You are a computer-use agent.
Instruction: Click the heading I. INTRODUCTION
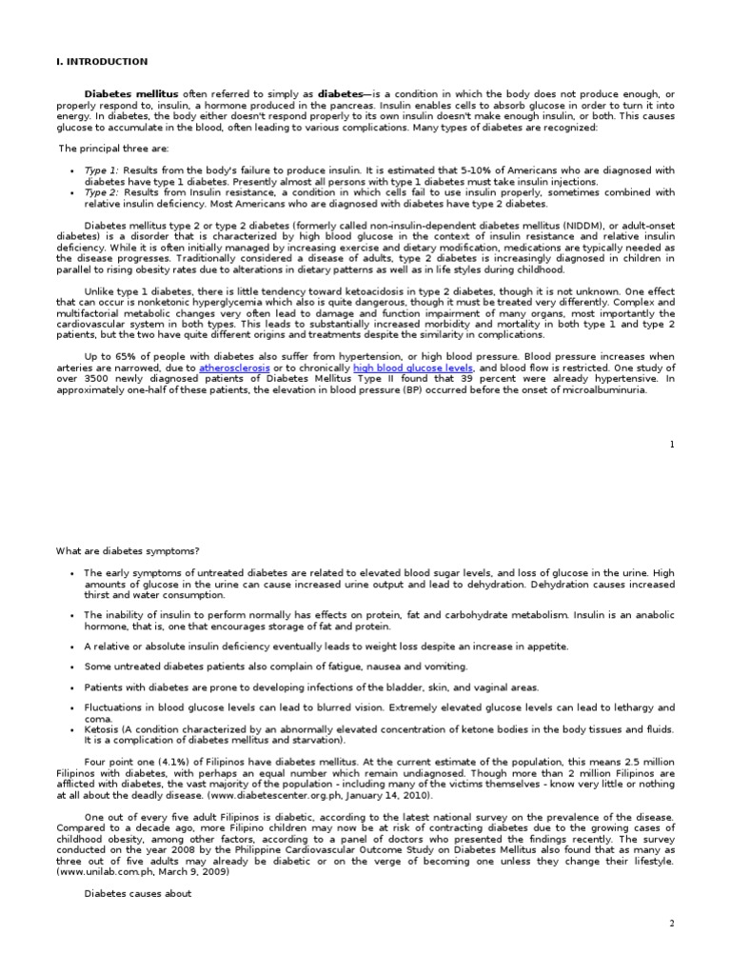pyautogui.click(x=103, y=62)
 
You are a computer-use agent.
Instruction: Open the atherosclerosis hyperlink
pyautogui.click(x=234, y=368)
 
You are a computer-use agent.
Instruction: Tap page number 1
pyautogui.click(x=672, y=444)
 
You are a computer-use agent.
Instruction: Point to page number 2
pyautogui.click(x=672, y=925)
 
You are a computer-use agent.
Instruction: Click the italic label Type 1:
pyautogui.click(x=102, y=170)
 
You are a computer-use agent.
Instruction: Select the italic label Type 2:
pyautogui.click(x=102, y=192)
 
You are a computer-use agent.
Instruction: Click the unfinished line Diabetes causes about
pyautogui.click(x=138, y=893)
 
